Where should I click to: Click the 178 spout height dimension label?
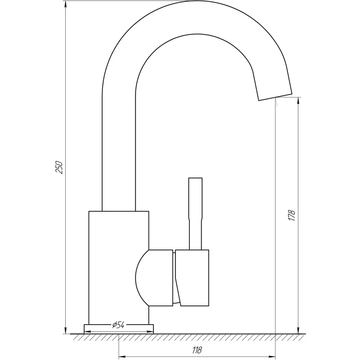point(292,215)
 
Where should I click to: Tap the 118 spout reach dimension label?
point(197,350)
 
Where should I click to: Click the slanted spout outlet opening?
point(275,97)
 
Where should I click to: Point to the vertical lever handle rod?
point(195,213)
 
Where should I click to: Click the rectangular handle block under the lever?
point(192,278)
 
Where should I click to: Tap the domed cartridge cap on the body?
point(154,278)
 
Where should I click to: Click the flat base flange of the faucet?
point(119,329)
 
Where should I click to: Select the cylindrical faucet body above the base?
point(119,268)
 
